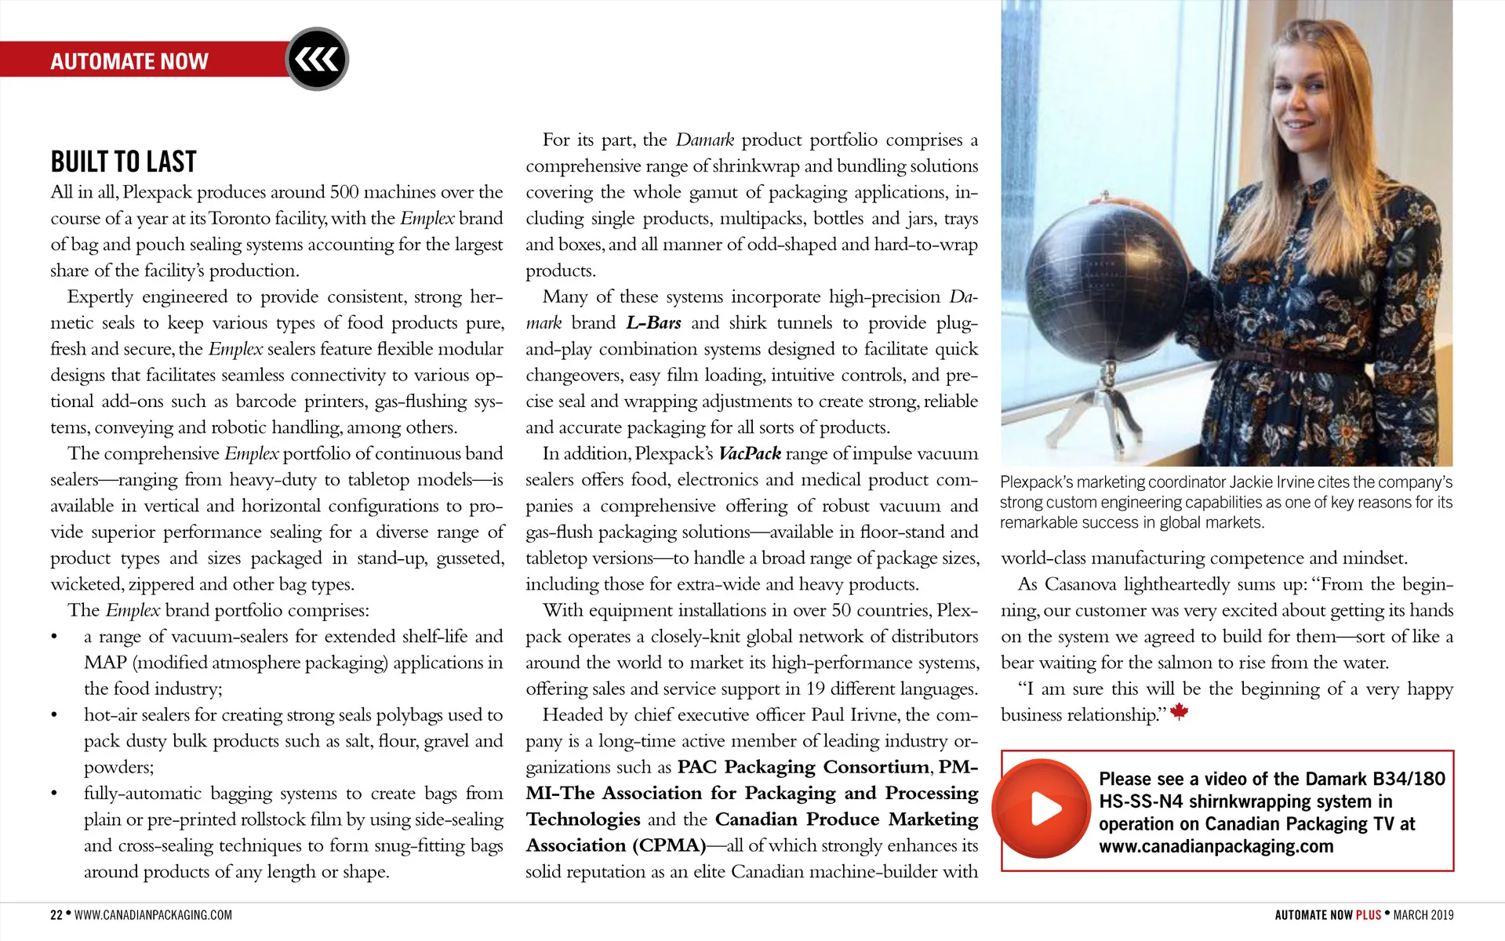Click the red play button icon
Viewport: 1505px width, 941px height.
(x=1042, y=808)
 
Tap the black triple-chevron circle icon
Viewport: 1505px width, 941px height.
(x=317, y=59)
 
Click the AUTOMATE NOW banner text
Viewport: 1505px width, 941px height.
(x=129, y=61)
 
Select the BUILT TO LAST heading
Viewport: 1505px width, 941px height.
(x=123, y=162)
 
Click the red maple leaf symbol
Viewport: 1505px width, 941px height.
(x=1179, y=712)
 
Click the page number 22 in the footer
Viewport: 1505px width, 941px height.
(x=56, y=914)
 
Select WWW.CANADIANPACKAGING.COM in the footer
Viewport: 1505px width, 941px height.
(x=153, y=914)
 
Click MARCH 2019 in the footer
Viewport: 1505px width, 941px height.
(x=1423, y=914)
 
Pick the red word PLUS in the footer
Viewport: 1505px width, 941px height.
(x=1369, y=914)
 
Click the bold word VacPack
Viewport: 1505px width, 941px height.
(x=750, y=453)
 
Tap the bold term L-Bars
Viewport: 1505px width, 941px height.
(x=653, y=322)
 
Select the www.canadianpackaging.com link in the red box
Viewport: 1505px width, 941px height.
(x=1216, y=846)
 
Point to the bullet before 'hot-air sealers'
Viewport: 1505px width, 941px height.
(x=54, y=715)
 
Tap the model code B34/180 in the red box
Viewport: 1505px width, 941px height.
(x=1409, y=779)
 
